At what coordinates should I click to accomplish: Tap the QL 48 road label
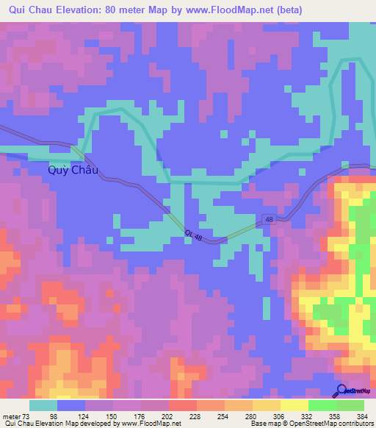click(195, 235)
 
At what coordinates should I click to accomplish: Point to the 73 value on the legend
click(24, 417)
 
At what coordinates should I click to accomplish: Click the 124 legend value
click(85, 417)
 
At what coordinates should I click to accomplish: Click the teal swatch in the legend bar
click(43, 405)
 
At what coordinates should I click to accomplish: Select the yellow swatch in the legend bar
click(294, 405)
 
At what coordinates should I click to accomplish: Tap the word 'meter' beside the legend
click(10, 417)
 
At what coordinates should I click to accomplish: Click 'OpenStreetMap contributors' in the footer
click(330, 424)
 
